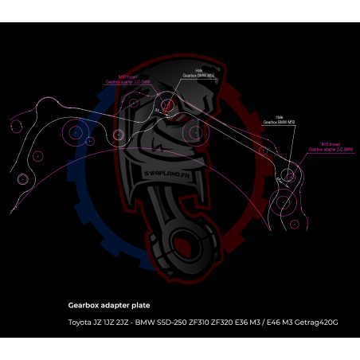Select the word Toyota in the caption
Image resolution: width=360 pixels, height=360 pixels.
(79, 322)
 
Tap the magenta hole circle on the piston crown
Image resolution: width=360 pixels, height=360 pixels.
(167, 104)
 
